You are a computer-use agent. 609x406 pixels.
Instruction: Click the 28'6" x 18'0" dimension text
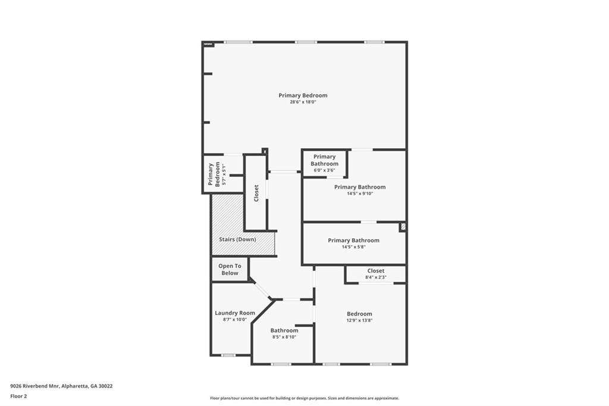pos(303,102)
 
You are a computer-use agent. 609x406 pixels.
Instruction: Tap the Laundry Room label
pos(235,313)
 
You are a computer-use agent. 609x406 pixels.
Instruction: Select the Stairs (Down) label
pos(237,239)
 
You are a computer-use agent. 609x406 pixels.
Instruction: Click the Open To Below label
pos(230,270)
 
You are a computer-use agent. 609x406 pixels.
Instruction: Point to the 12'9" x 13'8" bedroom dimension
pos(359,321)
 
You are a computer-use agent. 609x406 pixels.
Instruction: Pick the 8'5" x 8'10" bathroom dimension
pos(284,338)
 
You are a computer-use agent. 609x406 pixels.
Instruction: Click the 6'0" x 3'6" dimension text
pos(324,170)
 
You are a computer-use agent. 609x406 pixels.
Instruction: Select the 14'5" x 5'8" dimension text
pos(353,247)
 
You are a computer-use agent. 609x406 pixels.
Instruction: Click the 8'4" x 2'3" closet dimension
pos(376,277)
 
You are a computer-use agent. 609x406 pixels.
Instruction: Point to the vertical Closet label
pos(256,193)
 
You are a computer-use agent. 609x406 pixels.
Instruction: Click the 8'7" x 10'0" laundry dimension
pos(235,320)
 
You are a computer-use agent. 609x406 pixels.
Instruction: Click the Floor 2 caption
pos(18,396)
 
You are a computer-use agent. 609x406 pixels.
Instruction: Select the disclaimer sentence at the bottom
pos(304,398)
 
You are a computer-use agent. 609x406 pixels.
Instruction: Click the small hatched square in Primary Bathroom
pos(403,227)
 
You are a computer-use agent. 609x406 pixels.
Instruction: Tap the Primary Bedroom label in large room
pos(303,95)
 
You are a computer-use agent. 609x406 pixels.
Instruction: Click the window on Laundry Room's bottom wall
pos(228,355)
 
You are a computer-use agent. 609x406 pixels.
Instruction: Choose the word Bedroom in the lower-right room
pos(359,314)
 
